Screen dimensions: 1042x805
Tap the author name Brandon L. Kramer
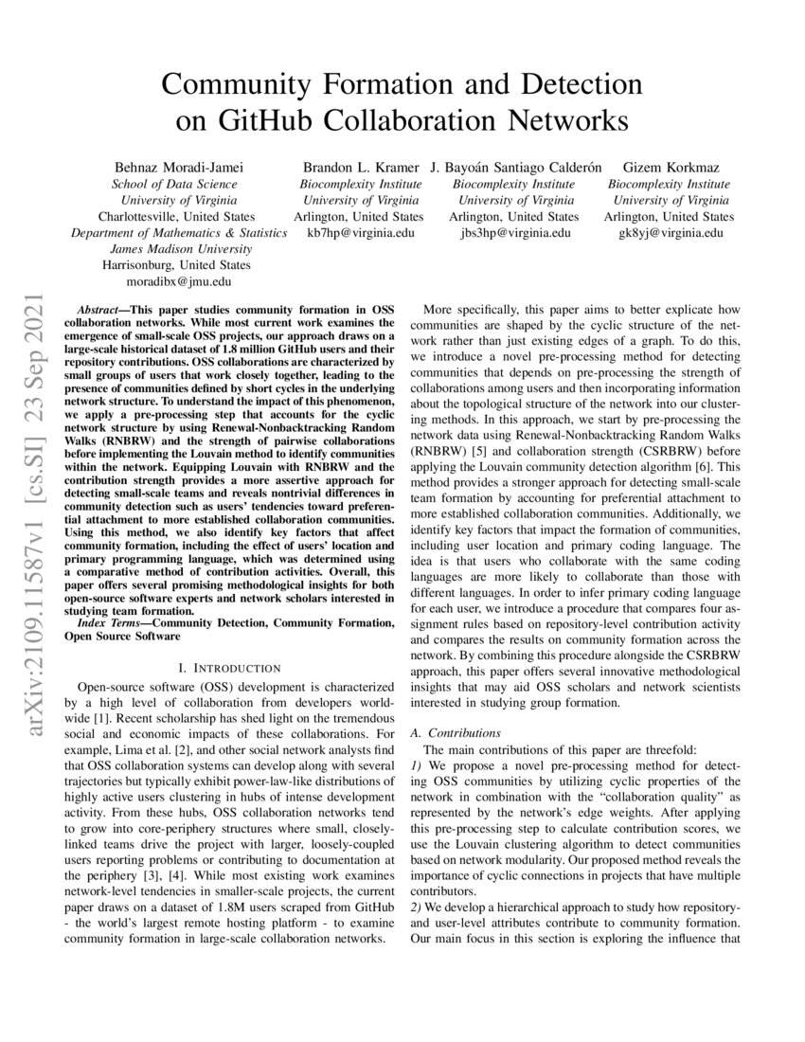[x=361, y=168]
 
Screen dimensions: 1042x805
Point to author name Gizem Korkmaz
[x=670, y=168]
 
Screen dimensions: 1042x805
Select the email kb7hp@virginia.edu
[x=361, y=232]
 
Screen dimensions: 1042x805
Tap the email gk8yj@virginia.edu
[x=670, y=232]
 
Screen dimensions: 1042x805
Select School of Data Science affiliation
[x=175, y=184]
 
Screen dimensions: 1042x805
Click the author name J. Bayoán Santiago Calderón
[x=516, y=168]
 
